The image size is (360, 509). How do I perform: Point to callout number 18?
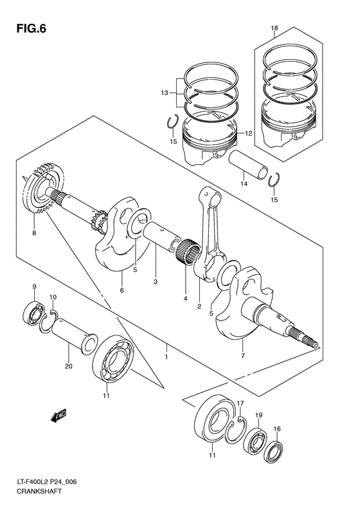(x=274, y=28)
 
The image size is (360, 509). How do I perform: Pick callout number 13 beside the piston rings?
(x=165, y=93)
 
